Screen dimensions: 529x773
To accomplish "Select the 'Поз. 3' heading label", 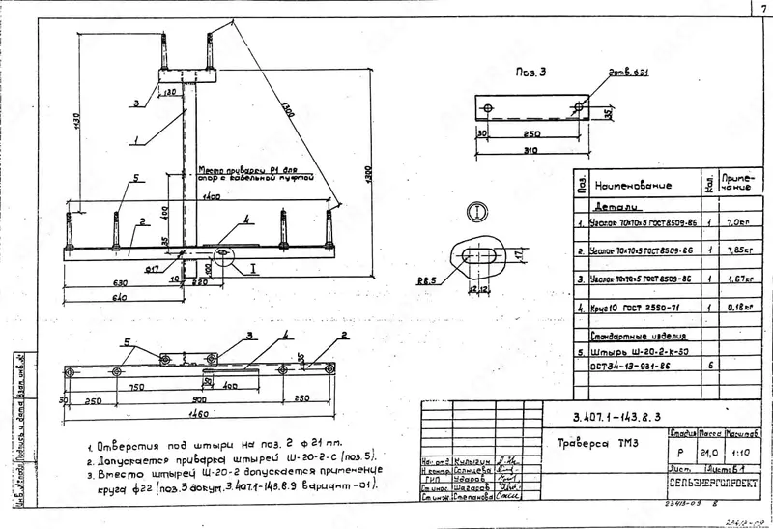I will pos(530,73).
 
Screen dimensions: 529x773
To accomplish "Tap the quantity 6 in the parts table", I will pos(710,366).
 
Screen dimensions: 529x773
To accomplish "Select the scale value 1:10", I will pos(741,450).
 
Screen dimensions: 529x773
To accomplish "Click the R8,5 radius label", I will pos(426,281).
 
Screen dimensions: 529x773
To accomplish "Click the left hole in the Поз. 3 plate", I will pos(490,105).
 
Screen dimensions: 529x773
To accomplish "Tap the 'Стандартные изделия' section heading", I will pos(628,336).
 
